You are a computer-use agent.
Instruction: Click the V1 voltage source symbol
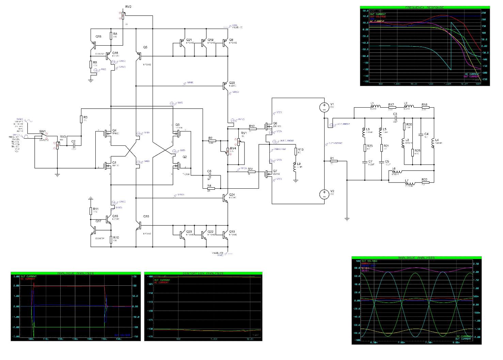(324, 107)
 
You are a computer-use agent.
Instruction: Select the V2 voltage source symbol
(324, 194)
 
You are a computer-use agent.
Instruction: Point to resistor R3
(81, 119)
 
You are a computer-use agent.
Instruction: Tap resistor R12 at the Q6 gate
(252, 129)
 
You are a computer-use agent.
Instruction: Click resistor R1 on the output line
(333, 161)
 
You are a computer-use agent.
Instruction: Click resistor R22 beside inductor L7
(424, 183)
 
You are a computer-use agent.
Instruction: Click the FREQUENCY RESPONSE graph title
(425, 7)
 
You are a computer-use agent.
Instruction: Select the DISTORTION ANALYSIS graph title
(203, 273)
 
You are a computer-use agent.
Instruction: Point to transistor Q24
(225, 198)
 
